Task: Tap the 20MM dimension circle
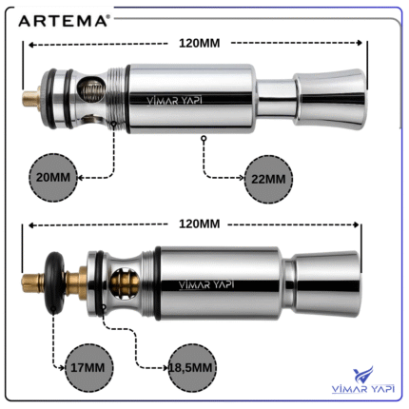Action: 53,178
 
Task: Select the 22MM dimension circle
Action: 268,179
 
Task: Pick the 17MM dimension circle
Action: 88,368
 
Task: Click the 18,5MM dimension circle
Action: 192,368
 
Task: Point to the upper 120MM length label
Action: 200,43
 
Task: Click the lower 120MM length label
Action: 200,224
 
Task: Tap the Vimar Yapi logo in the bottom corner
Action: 363,380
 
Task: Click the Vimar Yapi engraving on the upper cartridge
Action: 174,101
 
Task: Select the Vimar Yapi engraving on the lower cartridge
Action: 206,284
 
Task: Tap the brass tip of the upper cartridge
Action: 31,98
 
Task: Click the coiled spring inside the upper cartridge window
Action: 91,89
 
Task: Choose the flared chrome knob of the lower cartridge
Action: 326,284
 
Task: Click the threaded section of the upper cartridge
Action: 115,98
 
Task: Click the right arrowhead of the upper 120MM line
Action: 359,43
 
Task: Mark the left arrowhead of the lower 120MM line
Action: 31,225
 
